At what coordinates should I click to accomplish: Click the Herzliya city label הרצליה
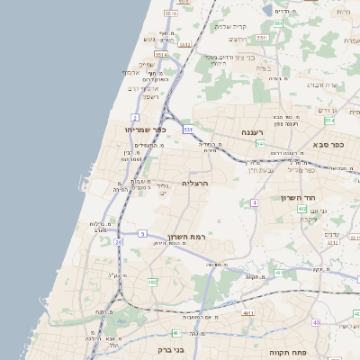(195, 183)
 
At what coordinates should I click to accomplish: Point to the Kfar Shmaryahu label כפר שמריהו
(147, 130)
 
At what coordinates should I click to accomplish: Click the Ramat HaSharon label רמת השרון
(186, 236)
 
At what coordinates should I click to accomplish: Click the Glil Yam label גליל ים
(163, 189)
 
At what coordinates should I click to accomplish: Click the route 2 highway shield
(135, 118)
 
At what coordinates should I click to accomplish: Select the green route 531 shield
(188, 130)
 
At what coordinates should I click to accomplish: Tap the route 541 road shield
(259, 143)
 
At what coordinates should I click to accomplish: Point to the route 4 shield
(255, 203)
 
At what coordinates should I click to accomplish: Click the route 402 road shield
(301, 209)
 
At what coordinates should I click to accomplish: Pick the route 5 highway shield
(142, 234)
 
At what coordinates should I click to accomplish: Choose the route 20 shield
(119, 242)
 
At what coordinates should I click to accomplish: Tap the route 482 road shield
(152, 283)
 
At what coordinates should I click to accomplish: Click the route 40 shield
(316, 322)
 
